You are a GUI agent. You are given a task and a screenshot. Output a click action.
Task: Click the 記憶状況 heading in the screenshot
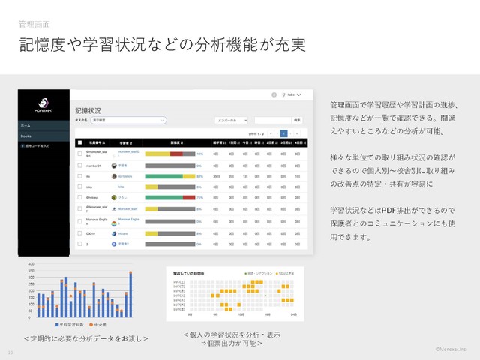89,109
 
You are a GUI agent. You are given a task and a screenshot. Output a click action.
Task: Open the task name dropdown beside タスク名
127,120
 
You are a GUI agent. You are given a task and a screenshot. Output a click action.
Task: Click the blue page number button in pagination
283,132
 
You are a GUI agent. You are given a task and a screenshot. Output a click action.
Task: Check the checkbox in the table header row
79,142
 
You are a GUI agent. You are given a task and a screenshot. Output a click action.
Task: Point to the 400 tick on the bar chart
31,264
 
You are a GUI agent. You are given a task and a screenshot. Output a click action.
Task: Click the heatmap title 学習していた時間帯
187,274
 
